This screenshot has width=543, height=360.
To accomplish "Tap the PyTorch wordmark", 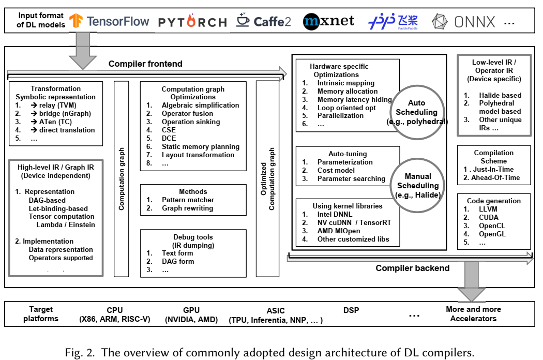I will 192,22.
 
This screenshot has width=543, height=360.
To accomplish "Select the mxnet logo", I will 329,21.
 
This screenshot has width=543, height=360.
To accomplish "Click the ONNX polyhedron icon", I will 440,22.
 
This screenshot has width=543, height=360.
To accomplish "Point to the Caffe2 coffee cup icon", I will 243,21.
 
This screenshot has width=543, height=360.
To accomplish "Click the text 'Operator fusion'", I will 187,113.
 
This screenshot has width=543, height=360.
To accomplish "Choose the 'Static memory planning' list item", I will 200,146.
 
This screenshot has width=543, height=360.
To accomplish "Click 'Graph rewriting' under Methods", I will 188,208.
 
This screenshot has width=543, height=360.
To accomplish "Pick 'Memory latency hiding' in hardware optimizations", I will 354,99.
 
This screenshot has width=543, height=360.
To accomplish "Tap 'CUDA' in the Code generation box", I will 488,217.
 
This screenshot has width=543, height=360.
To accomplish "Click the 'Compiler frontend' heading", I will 145,64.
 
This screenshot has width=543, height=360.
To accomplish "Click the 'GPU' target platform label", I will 191,310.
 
